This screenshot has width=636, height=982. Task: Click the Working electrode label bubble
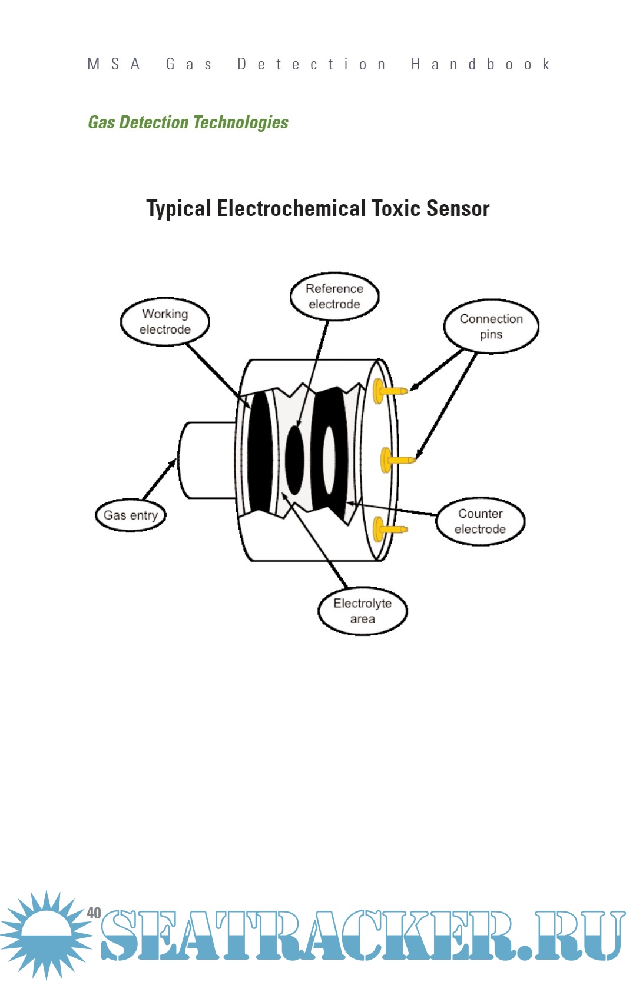pyautogui.click(x=165, y=322)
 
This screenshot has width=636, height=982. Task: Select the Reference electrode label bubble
pyautogui.click(x=334, y=297)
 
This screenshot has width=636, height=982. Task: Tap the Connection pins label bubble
pyautogui.click(x=491, y=327)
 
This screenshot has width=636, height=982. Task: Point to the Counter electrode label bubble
pyautogui.click(x=480, y=521)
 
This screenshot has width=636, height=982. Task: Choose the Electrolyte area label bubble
pyautogui.click(x=362, y=611)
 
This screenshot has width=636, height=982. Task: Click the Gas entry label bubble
pyautogui.click(x=131, y=515)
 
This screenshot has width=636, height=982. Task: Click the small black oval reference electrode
pyautogui.click(x=294, y=460)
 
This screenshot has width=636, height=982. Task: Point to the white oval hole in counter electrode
pyautogui.click(x=329, y=460)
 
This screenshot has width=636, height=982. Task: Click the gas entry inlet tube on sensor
pyautogui.click(x=206, y=460)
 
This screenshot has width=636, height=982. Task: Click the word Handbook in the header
pyautogui.click(x=480, y=64)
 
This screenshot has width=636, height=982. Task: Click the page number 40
pyautogui.click(x=94, y=913)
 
